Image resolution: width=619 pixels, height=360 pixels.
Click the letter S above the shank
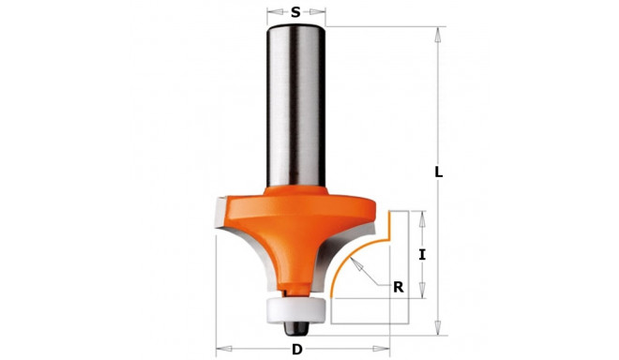(295, 12)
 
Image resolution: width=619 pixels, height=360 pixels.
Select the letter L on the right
(438, 172)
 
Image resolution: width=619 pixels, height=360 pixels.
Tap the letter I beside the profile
(422, 254)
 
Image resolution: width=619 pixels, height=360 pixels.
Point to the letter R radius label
(398, 288)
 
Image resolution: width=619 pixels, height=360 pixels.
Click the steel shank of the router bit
(295, 103)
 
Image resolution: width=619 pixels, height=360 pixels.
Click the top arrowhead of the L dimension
(437, 31)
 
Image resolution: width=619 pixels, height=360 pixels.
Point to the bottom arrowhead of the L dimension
(437, 330)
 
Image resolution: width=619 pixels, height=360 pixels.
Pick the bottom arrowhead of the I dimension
(422, 293)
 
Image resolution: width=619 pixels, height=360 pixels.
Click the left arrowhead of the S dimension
(269, 13)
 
